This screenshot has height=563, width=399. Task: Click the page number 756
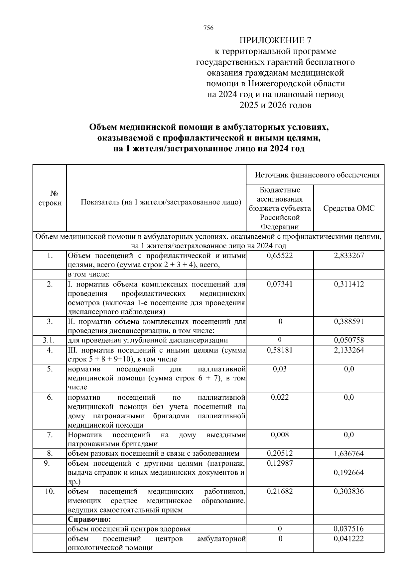208,28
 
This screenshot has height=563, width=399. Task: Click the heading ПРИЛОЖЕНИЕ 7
275,40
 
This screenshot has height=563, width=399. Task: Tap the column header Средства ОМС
348,208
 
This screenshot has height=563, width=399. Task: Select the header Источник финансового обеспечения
317,175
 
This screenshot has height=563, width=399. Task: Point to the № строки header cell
50,198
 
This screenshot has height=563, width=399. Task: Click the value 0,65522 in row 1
280,256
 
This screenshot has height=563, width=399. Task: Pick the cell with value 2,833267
349,256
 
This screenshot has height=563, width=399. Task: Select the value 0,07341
280,284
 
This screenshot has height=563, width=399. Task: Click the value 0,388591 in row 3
349,321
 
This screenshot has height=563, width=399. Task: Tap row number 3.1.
50,340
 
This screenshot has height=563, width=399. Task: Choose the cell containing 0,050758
349,340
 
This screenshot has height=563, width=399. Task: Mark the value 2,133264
349,350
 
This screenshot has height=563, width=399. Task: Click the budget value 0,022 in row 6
280,397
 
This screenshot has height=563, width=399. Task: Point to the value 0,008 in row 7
280,435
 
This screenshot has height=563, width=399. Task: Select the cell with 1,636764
349,453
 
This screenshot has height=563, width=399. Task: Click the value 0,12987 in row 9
280,463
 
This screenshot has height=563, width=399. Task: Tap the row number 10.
50,491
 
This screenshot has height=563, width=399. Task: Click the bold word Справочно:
89,519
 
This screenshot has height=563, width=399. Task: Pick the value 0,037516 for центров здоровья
349,529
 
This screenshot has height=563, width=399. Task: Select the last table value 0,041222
349,538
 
